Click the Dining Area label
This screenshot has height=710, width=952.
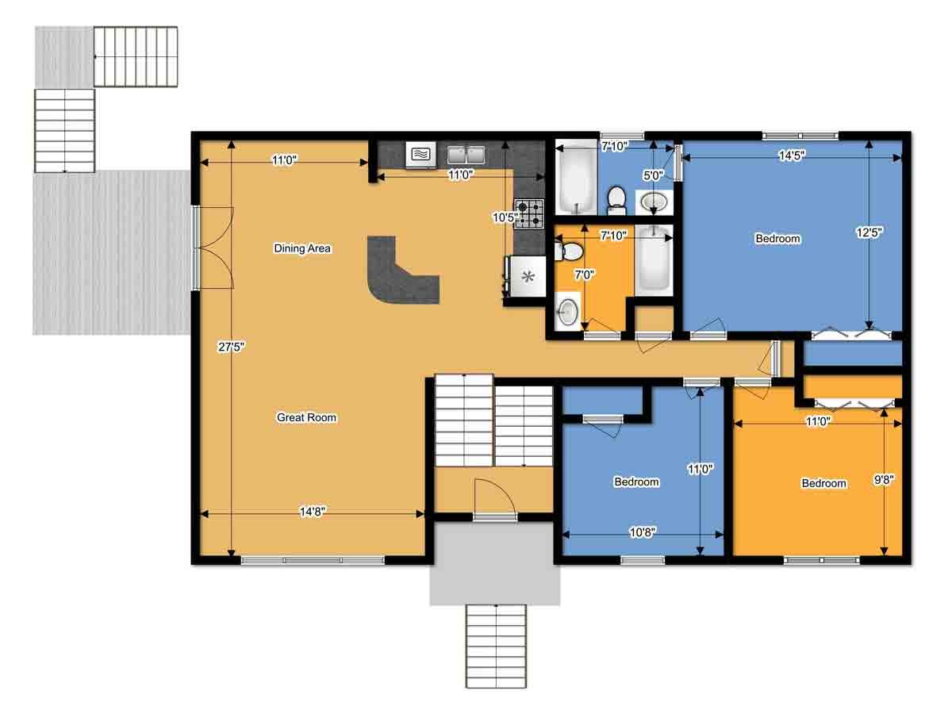(302, 248)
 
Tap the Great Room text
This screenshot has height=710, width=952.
(306, 417)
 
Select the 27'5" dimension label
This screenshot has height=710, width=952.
(231, 347)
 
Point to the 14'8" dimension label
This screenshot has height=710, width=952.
(313, 512)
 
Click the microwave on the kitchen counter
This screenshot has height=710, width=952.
(420, 154)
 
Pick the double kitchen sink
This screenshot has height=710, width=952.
(466, 155)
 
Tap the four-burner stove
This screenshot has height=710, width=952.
(529, 213)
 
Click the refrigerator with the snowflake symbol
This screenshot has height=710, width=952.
(526, 276)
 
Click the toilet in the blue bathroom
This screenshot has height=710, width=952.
(616, 201)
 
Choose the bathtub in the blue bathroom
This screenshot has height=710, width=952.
(577, 177)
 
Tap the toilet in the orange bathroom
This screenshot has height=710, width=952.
(569, 251)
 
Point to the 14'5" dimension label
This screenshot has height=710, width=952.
(792, 155)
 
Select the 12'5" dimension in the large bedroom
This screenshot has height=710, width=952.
(869, 232)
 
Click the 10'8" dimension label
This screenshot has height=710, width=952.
(643, 532)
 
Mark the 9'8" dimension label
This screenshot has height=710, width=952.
(884, 480)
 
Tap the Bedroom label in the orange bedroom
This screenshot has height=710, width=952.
(823, 483)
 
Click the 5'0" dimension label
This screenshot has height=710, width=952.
(653, 175)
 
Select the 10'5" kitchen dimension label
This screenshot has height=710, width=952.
(505, 217)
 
